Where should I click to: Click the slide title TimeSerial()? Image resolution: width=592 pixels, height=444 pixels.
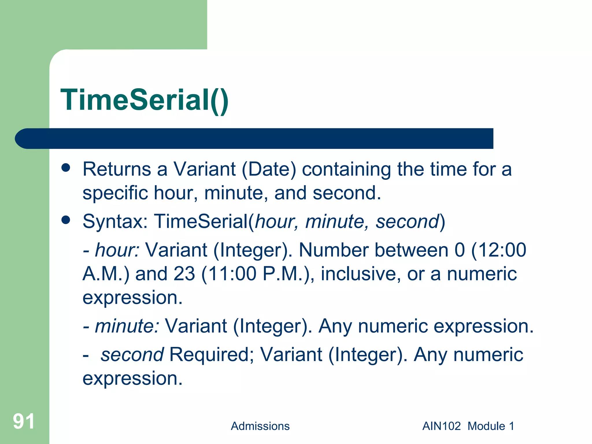[x=145, y=100]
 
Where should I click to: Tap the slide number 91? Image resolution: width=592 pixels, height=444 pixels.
[x=24, y=421]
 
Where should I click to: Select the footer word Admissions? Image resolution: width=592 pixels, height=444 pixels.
[x=260, y=426]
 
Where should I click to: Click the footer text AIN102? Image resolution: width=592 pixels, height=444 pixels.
[x=441, y=426]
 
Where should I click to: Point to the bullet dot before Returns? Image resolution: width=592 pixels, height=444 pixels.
[x=66, y=168]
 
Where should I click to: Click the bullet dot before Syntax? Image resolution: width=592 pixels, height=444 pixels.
[x=66, y=220]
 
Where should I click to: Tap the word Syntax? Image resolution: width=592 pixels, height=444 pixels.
[x=115, y=222]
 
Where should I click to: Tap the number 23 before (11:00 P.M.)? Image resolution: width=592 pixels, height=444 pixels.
[x=184, y=274]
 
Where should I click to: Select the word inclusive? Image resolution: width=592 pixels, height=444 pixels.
[x=361, y=274]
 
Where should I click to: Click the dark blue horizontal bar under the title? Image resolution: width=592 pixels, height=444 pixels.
[x=254, y=138]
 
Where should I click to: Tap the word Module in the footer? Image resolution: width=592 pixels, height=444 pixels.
[x=486, y=426]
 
